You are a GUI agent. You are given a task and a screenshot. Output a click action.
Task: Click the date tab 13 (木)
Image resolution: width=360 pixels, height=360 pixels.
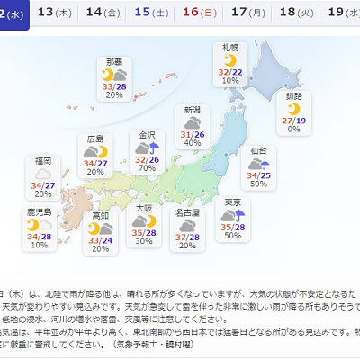(x=58, y=13)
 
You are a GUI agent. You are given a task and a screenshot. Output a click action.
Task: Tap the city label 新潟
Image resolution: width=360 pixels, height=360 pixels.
(x=193, y=110)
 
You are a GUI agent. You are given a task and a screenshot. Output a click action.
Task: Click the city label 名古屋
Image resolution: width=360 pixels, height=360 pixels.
(x=187, y=213)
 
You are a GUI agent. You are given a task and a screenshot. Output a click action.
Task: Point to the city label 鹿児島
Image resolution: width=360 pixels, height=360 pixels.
(x=38, y=213)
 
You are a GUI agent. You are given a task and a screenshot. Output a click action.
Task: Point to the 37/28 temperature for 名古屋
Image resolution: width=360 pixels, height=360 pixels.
(x=187, y=236)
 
